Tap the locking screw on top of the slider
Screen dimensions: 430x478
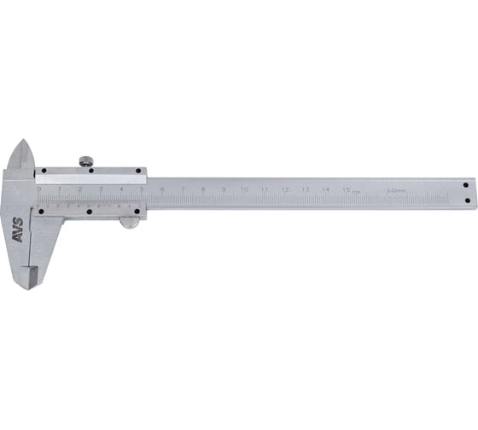[86, 160]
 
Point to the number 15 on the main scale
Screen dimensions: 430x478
[346, 189]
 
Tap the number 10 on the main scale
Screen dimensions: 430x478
[244, 189]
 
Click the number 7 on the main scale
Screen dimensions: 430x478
[183, 189]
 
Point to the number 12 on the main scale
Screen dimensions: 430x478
[285, 189]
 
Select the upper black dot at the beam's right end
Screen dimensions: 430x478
[466, 184]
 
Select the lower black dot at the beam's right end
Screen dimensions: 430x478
[466, 200]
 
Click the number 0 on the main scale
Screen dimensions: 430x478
[38, 189]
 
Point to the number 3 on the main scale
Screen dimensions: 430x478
[100, 189]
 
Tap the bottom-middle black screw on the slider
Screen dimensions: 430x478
[88, 210]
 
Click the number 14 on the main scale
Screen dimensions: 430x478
[326, 189]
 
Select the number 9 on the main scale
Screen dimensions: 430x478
[224, 189]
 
